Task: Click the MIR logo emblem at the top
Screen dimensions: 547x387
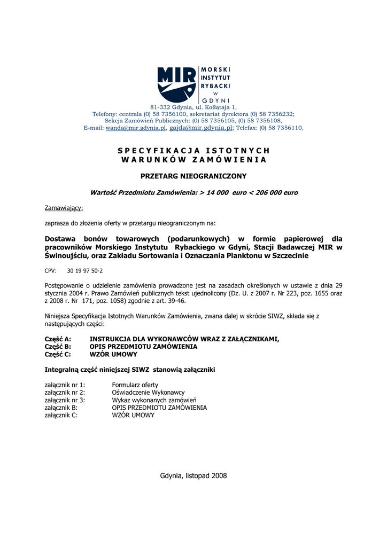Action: [176, 84]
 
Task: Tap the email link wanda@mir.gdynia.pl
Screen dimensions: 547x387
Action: [136, 128]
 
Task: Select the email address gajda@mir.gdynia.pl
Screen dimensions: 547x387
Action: [201, 128]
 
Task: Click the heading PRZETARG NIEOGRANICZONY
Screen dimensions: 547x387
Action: [193, 176]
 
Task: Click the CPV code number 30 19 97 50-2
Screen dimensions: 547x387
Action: [85, 271]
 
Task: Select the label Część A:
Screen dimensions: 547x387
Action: [58, 339]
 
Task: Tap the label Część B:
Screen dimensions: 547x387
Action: [58, 347]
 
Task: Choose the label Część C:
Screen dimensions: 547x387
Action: [58, 354]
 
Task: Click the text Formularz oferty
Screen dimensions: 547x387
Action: [135, 385]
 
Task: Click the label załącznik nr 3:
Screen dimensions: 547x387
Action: [65, 400]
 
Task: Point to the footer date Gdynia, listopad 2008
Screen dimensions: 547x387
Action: [193, 475]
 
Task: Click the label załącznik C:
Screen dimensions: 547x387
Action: [61, 415]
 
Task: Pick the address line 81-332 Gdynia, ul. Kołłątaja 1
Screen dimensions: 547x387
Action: [193, 107]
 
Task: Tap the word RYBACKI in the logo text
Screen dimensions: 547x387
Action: [215, 85]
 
